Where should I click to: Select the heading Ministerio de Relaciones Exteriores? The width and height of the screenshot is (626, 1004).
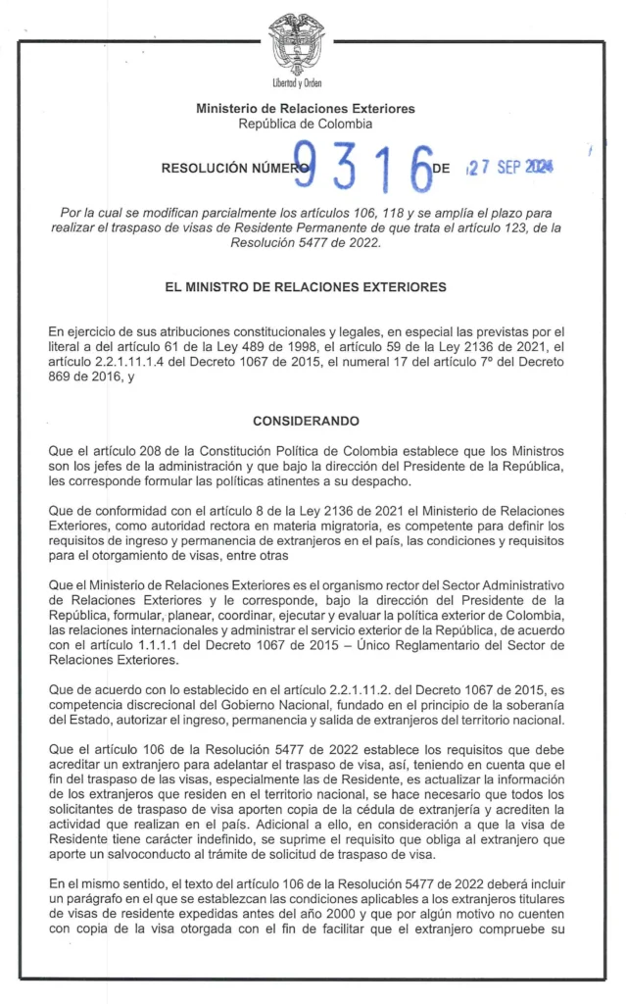click(x=306, y=108)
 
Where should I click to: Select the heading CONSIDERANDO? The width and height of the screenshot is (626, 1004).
click(x=306, y=421)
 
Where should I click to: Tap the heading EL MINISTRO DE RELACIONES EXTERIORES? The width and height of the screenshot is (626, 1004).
click(x=306, y=287)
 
